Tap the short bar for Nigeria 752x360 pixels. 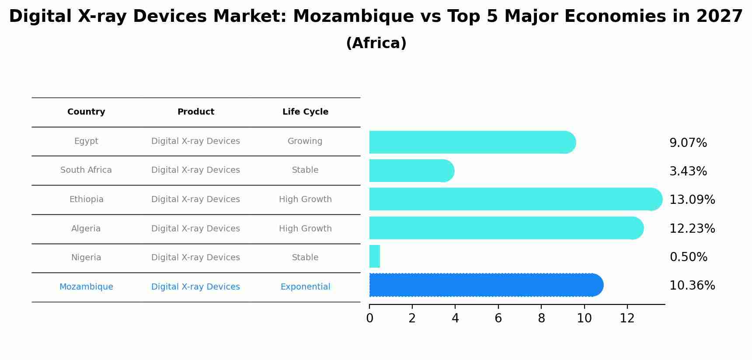(375, 256)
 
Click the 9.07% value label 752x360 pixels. (688, 143)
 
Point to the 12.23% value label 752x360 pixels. (692, 228)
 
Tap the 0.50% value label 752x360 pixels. (688, 257)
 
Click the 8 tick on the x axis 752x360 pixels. (541, 318)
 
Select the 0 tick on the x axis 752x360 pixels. (369, 318)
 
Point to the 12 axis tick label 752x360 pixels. (627, 318)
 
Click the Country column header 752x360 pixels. (86, 112)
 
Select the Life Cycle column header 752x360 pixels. (305, 112)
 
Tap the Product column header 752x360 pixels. (195, 112)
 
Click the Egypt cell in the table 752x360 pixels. (86, 141)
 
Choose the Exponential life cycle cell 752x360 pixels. (305, 287)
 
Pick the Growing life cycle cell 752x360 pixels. (305, 141)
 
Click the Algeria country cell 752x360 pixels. (86, 229)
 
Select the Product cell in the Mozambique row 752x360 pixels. (195, 287)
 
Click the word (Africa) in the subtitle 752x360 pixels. (376, 43)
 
